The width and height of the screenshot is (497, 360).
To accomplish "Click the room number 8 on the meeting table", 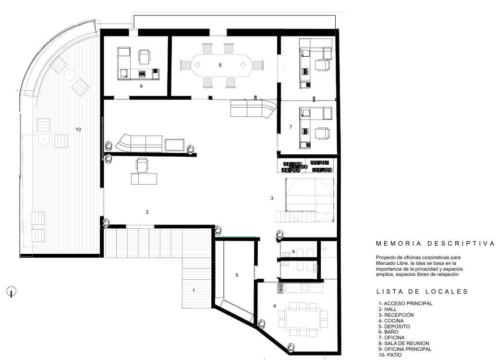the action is (x=220, y=65).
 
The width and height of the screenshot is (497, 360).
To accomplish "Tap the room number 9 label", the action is (x=141, y=86).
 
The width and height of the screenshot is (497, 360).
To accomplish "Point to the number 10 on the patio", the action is (x=78, y=129).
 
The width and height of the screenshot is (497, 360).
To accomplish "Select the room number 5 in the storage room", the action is (x=237, y=275).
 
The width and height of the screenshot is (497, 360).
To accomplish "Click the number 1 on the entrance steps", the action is (x=194, y=290).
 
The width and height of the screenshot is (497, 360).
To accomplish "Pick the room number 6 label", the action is (x=293, y=251).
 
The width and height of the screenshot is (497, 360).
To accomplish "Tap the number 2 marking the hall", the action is (x=147, y=212).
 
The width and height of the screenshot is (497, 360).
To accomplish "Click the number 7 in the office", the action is (x=291, y=127).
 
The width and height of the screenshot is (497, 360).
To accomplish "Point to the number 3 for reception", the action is (x=272, y=198).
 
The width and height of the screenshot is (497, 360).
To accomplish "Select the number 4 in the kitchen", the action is (x=275, y=306).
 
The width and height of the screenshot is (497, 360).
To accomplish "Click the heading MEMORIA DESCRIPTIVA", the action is (x=435, y=244).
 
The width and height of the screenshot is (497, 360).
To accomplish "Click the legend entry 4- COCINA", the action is (x=391, y=321).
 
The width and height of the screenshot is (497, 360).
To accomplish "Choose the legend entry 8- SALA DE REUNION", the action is (x=404, y=343).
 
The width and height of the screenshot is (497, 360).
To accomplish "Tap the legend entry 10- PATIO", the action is (x=390, y=355).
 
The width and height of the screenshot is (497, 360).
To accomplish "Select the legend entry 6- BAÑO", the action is (x=388, y=332).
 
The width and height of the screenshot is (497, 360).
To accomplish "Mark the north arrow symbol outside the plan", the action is (x=11, y=291).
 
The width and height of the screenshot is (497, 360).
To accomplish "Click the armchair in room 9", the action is (x=144, y=56).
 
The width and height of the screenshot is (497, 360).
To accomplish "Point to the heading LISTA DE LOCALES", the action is (x=422, y=291).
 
